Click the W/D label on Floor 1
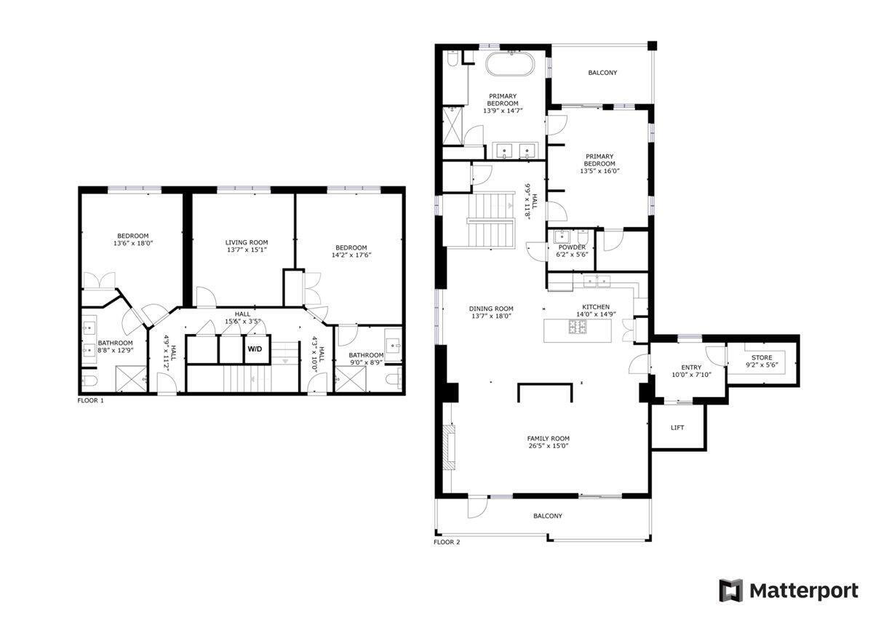click(255, 349)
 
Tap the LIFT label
click(677, 428)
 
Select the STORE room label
click(762, 357)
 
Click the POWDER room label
click(572, 247)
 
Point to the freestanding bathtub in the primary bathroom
click(511, 63)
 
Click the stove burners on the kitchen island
click(578, 327)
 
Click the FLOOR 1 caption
click(91, 400)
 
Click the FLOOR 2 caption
click(447, 542)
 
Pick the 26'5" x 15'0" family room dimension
click(549, 446)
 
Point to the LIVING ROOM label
click(247, 242)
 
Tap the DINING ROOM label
click(491, 308)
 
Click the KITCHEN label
click(596, 307)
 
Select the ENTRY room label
click(691, 367)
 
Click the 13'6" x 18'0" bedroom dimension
click(133, 243)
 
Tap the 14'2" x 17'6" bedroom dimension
click(351, 255)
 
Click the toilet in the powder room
click(583, 237)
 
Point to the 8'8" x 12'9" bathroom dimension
click(116, 350)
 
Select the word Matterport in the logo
click(804, 592)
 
